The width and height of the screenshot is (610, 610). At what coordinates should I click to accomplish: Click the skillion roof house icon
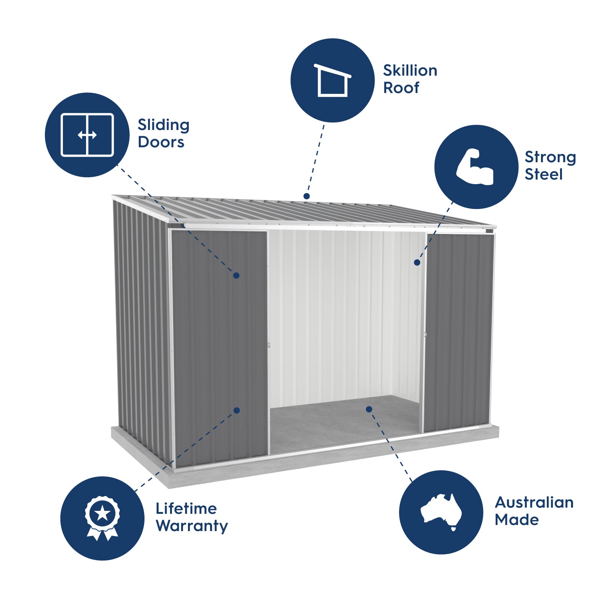coord(332,80)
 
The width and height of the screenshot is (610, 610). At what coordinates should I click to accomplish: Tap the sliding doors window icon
coord(87,135)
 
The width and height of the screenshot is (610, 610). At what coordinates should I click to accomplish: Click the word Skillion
coord(410,71)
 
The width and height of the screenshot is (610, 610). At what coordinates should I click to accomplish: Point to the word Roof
coord(401,88)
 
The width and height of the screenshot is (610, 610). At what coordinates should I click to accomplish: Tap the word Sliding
coord(164,125)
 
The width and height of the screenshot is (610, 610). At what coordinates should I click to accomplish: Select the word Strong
coord(550,157)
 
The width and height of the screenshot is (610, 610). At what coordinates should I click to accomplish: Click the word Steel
coord(543,174)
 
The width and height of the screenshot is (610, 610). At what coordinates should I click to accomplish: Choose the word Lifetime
coord(186,509)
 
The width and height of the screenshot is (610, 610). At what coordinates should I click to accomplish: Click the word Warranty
coord(192,526)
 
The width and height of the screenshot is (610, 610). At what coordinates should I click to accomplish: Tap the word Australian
coord(534,502)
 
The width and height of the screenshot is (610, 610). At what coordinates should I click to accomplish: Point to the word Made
coord(517,520)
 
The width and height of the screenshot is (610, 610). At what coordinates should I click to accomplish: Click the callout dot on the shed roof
coord(307,196)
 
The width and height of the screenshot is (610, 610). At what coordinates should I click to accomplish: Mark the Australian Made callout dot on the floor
coord(369,409)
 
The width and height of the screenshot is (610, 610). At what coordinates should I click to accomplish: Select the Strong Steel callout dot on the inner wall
coord(417,262)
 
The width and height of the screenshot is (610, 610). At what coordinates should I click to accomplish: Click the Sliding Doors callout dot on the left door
coord(236,275)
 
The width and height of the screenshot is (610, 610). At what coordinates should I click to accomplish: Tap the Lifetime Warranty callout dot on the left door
coord(237,410)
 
